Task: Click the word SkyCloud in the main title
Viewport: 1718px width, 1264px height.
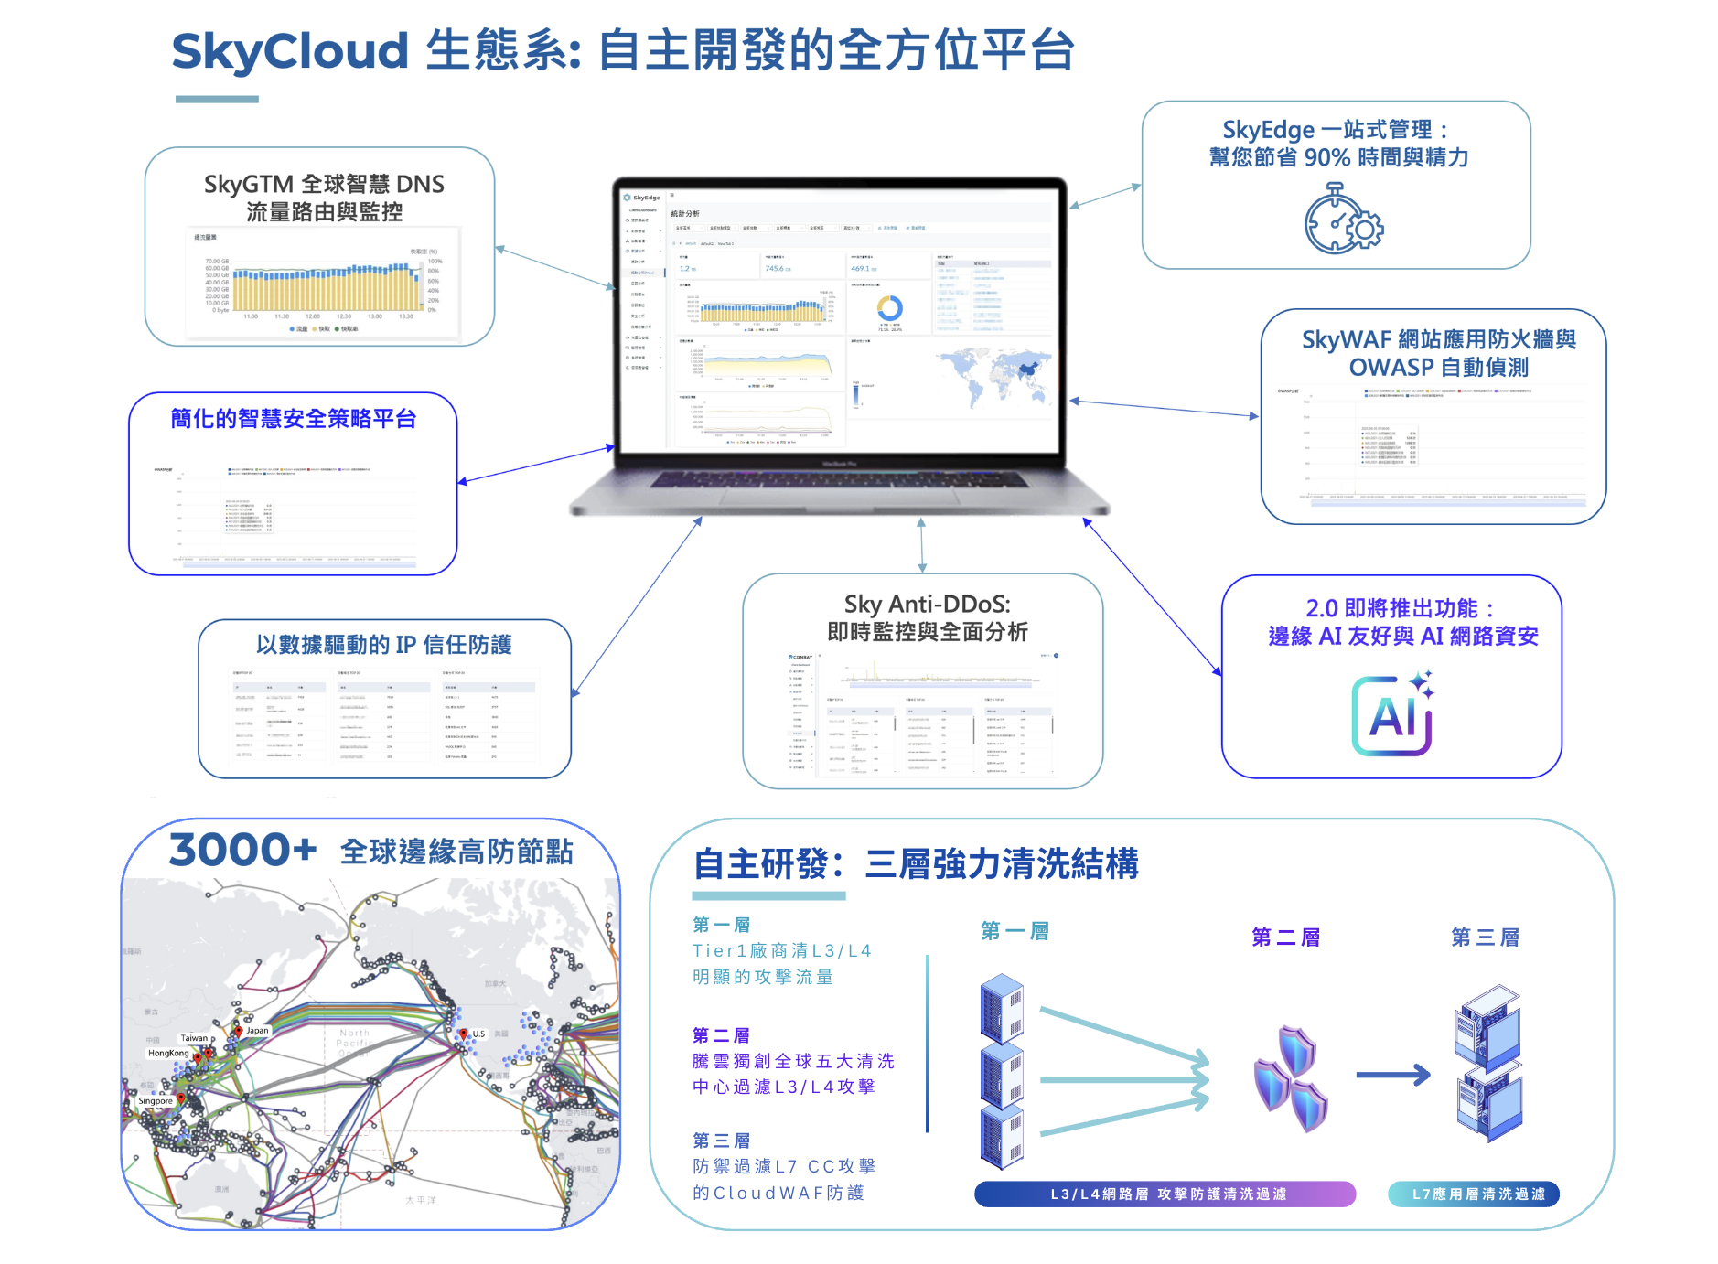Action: (289, 50)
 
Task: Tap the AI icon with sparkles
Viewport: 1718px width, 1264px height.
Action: (1391, 715)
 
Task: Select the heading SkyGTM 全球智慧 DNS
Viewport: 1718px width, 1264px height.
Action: (324, 184)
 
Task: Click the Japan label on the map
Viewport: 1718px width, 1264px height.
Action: (257, 1030)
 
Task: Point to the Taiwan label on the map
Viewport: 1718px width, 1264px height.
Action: (194, 1038)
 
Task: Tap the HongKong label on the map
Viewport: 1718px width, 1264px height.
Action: (168, 1053)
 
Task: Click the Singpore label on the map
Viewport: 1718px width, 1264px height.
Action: (156, 1100)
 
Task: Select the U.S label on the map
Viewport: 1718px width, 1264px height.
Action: (478, 1034)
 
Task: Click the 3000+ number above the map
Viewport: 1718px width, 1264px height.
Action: (242, 850)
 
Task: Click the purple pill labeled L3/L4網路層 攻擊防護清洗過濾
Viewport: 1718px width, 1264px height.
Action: (1165, 1194)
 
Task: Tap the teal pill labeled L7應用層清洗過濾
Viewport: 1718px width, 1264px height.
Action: (1474, 1194)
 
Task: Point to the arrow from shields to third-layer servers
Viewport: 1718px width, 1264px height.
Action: (1392, 1075)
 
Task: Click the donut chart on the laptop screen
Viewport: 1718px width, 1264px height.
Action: (889, 307)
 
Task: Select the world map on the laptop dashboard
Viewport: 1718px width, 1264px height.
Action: (994, 374)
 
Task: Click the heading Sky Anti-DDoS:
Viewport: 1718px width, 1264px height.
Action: (927, 604)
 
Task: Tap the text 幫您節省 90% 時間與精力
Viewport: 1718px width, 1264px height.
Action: (1337, 157)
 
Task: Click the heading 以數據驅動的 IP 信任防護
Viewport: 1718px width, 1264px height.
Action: (383, 645)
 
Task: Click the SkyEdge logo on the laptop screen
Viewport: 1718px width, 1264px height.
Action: (642, 198)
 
